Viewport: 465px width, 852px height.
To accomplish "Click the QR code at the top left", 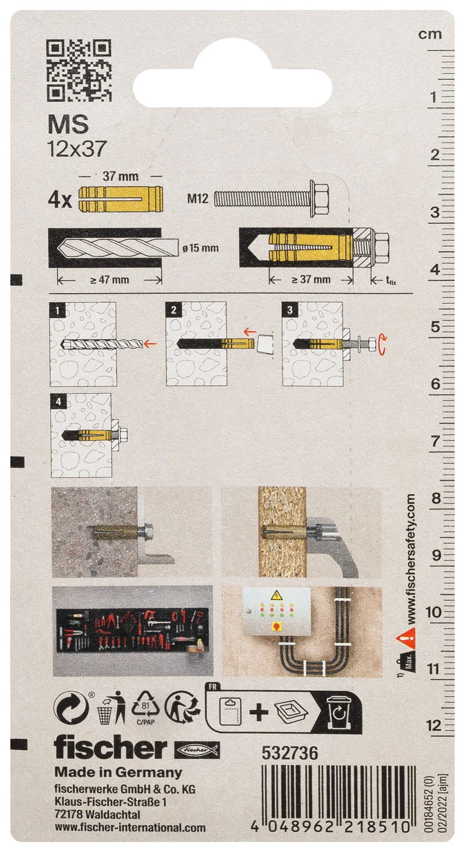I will (79, 70).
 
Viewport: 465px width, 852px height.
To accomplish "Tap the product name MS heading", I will (68, 124).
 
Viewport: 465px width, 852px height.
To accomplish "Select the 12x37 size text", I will (77, 149).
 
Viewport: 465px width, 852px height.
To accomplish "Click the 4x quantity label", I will (60, 201).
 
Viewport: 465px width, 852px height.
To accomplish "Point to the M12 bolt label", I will (197, 198).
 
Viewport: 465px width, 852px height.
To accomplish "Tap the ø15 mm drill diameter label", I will (200, 248).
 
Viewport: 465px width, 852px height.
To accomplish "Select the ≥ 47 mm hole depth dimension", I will (109, 280).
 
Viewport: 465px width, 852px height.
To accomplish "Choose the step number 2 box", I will (173, 310).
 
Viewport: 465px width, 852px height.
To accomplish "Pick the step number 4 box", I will (58, 401).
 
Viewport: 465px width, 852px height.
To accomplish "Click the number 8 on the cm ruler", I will (435, 498).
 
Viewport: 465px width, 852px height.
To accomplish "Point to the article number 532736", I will (289, 753).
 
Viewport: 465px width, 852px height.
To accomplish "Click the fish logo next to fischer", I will (196, 750).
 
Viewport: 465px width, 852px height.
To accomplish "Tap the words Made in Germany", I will (118, 773).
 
